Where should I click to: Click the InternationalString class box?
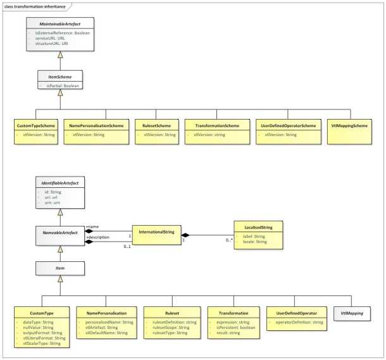click(x=156, y=233)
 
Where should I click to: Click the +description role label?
click(x=99, y=237)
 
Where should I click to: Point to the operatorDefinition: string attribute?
click(x=299, y=323)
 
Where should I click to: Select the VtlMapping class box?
click(x=352, y=313)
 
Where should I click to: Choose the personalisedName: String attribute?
click(x=106, y=323)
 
